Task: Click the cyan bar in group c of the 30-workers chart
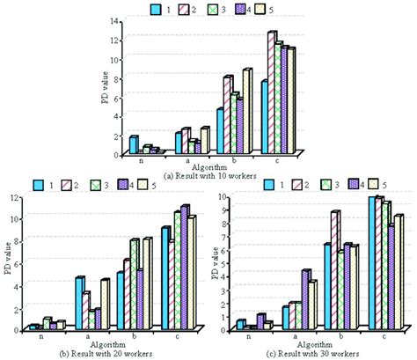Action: [x=371, y=264]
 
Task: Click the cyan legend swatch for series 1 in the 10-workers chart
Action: [x=157, y=10]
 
